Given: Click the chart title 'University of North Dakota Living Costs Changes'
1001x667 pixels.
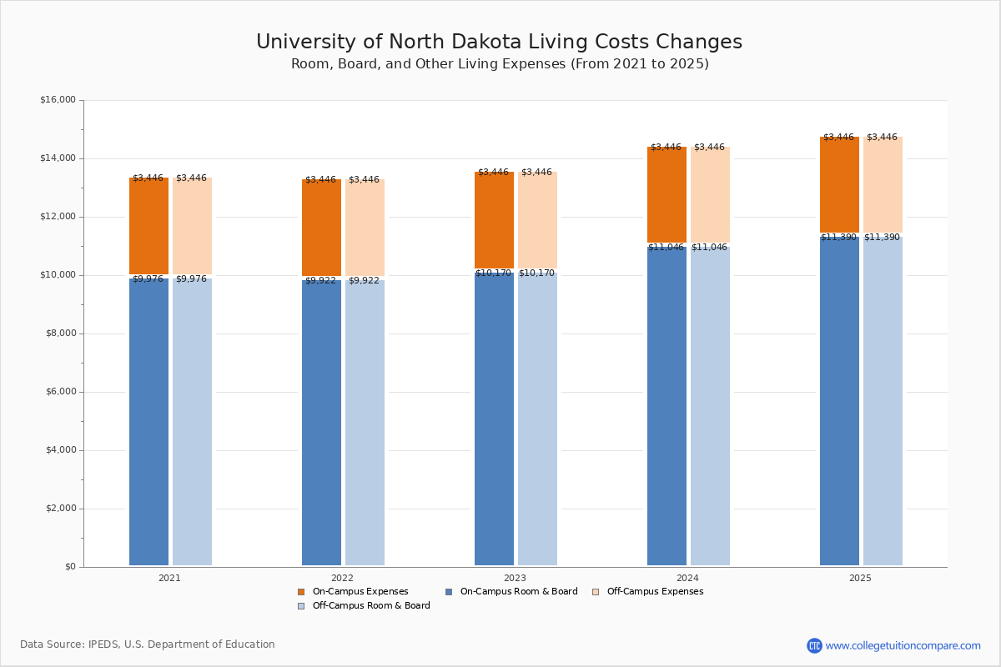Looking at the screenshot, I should point(499,42).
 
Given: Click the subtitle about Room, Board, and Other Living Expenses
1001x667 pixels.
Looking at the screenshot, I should point(500,64).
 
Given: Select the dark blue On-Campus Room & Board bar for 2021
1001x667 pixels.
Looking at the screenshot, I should point(148,421).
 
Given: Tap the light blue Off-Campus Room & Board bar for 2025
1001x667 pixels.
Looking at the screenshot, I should point(883,400).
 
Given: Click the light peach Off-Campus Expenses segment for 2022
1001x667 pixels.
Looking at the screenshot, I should point(365,228).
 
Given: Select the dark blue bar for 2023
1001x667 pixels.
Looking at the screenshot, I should point(494,417).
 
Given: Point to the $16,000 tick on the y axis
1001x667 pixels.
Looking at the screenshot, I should point(58,100).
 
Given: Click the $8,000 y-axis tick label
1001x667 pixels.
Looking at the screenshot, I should point(60,333).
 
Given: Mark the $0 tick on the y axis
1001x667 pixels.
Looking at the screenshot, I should point(70,567).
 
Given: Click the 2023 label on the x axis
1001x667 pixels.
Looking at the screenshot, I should point(515,578).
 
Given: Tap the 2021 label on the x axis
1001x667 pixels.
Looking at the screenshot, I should point(169,578).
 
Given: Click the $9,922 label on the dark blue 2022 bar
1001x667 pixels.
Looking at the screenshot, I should point(320,281).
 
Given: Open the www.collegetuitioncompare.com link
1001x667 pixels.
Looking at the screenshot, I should point(903,645).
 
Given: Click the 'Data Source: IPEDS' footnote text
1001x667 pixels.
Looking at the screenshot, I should point(148,644).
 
